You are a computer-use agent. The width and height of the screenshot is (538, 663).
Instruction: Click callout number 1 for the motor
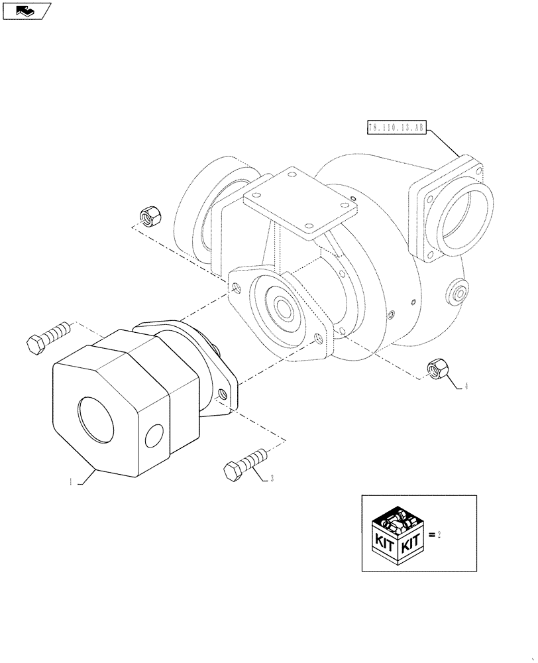click(69, 483)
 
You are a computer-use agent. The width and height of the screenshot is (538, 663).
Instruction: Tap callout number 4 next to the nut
click(466, 387)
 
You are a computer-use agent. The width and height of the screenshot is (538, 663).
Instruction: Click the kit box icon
click(396, 535)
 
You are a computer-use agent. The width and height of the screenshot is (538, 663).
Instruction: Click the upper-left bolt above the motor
click(48, 336)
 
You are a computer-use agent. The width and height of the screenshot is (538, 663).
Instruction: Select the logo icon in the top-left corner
click(25, 9)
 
